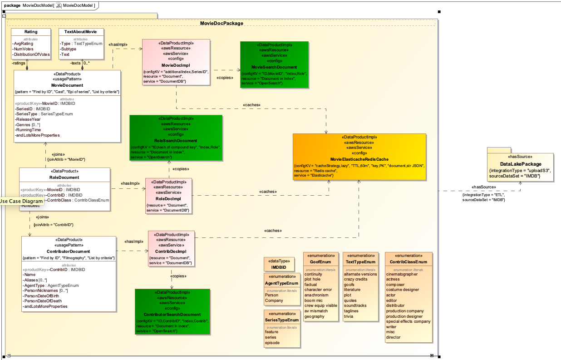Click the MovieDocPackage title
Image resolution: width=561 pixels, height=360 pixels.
(x=221, y=23)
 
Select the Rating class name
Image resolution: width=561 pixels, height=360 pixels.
(x=31, y=32)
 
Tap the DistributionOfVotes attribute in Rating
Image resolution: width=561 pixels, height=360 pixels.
(x=31, y=54)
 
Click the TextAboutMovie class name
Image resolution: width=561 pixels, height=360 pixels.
(x=80, y=32)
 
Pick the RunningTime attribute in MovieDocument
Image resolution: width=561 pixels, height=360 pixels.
(x=28, y=130)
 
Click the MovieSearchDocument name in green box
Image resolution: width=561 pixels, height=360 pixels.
(x=274, y=67)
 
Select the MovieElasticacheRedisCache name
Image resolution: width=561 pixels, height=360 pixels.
(x=359, y=159)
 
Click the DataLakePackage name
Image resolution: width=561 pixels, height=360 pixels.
(x=521, y=164)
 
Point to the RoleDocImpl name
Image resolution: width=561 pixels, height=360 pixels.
(x=168, y=198)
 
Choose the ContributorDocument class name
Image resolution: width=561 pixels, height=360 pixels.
(x=68, y=251)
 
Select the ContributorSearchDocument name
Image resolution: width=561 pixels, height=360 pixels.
(x=172, y=314)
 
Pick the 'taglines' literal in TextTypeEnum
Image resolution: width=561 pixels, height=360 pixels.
(x=351, y=311)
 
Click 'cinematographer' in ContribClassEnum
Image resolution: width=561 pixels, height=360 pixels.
(x=402, y=274)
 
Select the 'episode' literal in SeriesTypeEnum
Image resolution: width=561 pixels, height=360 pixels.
(x=272, y=343)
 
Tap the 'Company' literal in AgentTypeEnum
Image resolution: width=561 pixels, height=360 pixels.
(x=274, y=301)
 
